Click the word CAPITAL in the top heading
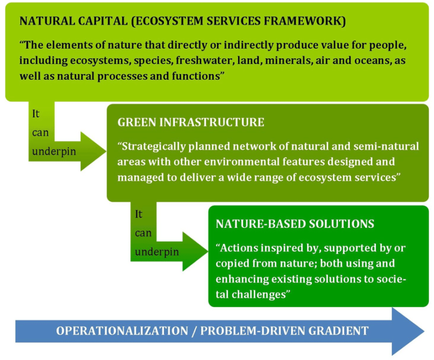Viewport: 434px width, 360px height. click(x=90, y=22)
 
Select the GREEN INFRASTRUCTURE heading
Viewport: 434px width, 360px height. click(x=190, y=123)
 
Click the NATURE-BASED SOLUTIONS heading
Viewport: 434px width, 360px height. click(x=294, y=224)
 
